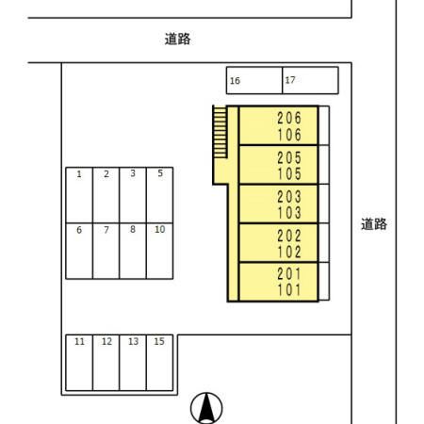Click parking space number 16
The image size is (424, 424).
253,81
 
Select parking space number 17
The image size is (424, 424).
310,81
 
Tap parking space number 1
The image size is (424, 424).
79,195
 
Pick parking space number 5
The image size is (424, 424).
161,195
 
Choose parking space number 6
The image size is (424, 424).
79,250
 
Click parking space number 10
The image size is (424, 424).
161,250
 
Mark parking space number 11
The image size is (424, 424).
79,362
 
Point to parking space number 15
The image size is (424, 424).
161,362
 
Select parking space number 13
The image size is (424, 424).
134,362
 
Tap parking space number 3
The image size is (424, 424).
134,195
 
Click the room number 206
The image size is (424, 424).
289,119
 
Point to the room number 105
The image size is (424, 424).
289,173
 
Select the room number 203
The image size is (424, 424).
289,196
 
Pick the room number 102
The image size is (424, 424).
289,253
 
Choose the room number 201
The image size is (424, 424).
289,274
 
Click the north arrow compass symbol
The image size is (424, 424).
206,408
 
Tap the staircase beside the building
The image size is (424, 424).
220,132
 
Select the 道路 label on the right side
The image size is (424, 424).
374,224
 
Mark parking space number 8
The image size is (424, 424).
134,250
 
